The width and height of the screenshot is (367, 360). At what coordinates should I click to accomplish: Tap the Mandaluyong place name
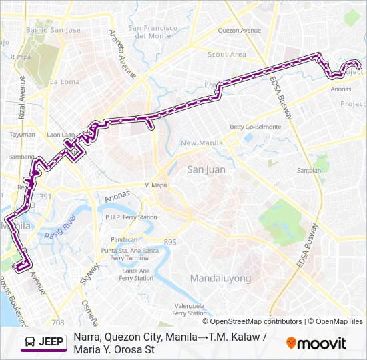click(x=220, y=278)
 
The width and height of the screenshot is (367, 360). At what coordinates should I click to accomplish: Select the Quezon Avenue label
click(x=240, y=31)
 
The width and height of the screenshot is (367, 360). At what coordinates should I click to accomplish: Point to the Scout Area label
click(x=227, y=55)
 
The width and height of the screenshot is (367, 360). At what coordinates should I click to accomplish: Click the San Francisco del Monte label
click(x=153, y=32)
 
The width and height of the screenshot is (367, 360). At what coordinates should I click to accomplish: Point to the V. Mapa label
click(x=155, y=185)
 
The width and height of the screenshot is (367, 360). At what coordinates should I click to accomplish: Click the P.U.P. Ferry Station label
click(x=131, y=217)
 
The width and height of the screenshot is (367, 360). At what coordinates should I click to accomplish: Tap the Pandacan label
click(x=124, y=239)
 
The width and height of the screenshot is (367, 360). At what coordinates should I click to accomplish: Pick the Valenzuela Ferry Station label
click(x=190, y=309)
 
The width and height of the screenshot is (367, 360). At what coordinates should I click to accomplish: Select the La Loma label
click(x=65, y=82)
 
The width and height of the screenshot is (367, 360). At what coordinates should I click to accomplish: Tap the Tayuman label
click(x=23, y=134)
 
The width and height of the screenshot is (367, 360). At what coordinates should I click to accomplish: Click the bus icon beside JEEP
click(x=30, y=343)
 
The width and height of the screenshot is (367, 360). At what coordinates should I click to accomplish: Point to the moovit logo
click(x=316, y=343)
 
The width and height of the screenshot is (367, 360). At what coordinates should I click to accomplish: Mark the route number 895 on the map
click(x=170, y=243)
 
